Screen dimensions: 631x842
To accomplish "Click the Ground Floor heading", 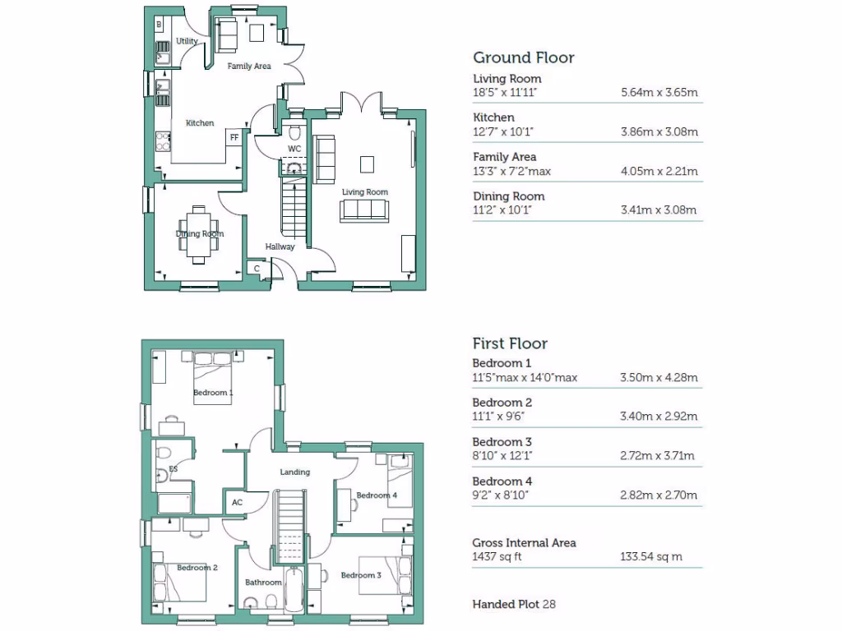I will [523, 58].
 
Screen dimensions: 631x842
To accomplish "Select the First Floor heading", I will [510, 343].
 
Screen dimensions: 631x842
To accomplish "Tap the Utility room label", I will [187, 41].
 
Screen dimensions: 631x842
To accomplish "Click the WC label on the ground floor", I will [294, 149].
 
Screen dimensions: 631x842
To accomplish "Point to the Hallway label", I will [280, 246].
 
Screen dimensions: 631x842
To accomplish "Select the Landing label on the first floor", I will [294, 472].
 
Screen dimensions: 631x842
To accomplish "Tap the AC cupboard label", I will [237, 502].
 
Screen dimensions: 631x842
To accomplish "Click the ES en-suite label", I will [173, 470].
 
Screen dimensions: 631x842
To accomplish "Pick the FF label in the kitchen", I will [234, 137].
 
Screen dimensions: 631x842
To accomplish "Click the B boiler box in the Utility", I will [159, 26].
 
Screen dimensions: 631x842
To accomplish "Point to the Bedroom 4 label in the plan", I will [376, 495].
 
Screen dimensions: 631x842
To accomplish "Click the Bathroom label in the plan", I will [263, 583].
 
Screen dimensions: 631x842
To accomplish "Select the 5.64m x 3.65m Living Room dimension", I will [659, 93].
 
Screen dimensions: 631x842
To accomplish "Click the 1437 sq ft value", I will [497, 557].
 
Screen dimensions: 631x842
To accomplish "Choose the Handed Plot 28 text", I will [514, 604].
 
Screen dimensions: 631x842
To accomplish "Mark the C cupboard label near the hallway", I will [257, 269].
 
